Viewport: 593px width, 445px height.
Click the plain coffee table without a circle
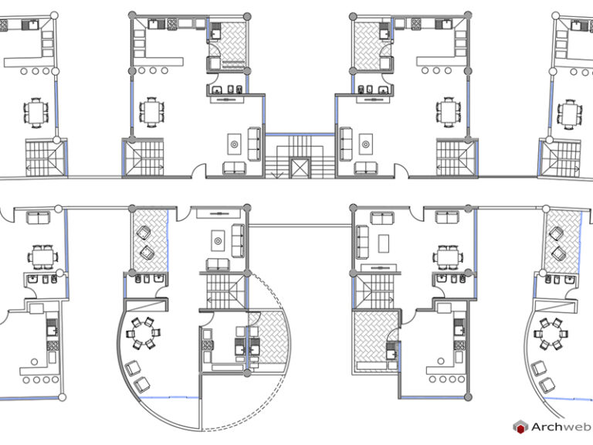[x=383, y=242]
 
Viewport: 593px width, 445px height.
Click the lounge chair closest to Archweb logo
[x=547, y=385]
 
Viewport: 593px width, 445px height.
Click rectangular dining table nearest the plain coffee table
[x=446, y=255]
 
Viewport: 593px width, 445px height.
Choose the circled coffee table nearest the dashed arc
[x=219, y=242]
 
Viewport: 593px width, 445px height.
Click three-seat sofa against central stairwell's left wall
[x=254, y=141]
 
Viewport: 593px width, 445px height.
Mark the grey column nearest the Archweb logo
[x=468, y=395]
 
